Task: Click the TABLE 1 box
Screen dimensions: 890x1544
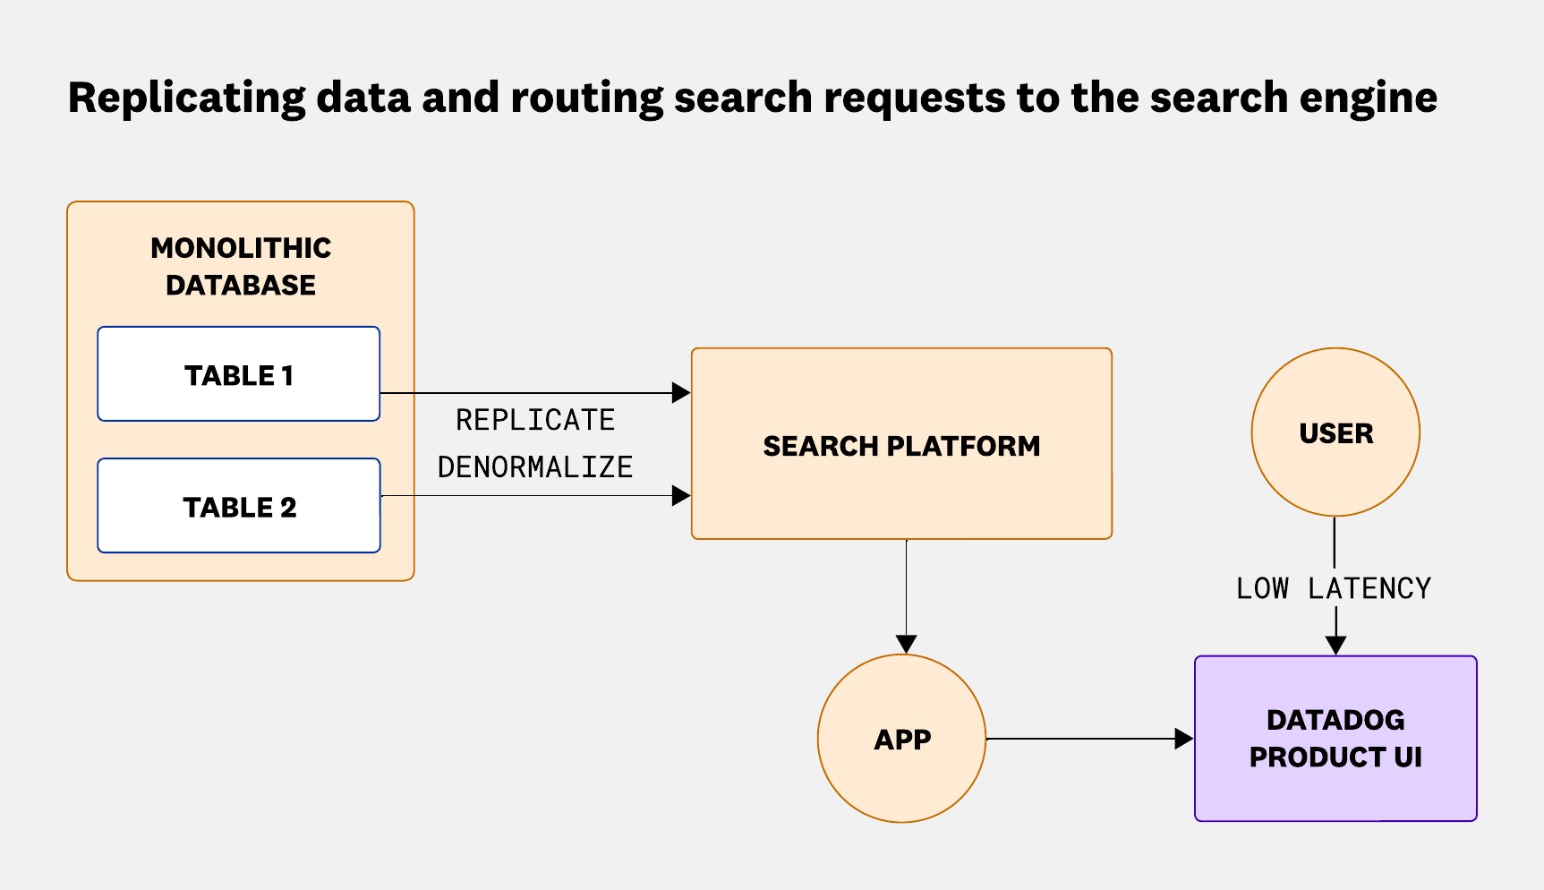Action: pos(238,374)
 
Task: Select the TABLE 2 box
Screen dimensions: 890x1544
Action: pos(238,506)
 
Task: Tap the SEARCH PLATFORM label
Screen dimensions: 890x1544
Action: pos(901,446)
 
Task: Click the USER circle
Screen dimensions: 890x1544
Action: pos(1335,433)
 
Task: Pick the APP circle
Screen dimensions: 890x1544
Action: pos(901,740)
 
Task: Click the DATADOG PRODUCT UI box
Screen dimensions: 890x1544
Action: pos(1335,739)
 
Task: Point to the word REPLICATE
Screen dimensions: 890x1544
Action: pos(535,420)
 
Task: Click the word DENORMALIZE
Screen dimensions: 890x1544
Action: pos(535,466)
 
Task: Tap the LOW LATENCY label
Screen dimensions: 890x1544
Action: pos(1334,588)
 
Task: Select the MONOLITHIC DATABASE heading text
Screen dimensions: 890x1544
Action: pos(241,266)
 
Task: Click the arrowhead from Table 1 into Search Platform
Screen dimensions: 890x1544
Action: pos(681,392)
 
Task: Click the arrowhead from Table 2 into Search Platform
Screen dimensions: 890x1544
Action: pos(681,495)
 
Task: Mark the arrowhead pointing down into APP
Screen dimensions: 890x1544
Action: pos(906,644)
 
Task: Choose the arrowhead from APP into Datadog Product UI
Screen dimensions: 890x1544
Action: pos(1183,739)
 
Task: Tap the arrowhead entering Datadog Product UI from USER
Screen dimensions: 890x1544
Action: pos(1335,645)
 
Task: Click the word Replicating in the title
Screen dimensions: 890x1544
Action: pos(186,98)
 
